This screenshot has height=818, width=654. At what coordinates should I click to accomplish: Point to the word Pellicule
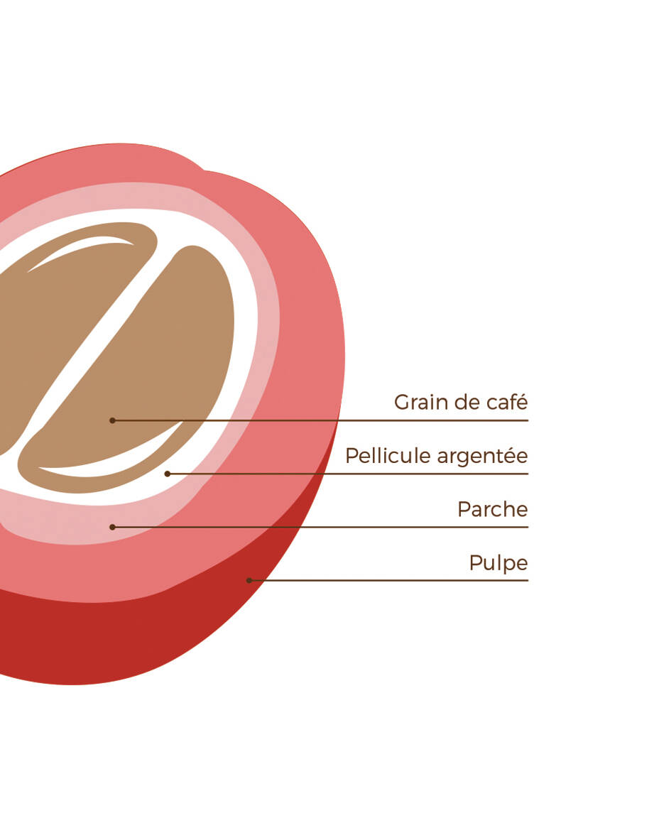point(388,456)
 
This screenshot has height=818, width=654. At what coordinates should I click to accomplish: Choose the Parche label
point(492,510)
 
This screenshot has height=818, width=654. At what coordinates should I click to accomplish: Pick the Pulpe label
point(498,564)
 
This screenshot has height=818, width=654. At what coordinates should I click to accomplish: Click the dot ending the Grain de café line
point(112,420)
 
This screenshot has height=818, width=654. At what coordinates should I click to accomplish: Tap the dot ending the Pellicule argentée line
point(167,474)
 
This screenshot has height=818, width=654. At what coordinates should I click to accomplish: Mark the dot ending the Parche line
point(112,527)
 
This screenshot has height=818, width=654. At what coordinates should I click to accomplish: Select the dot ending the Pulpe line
point(249,580)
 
